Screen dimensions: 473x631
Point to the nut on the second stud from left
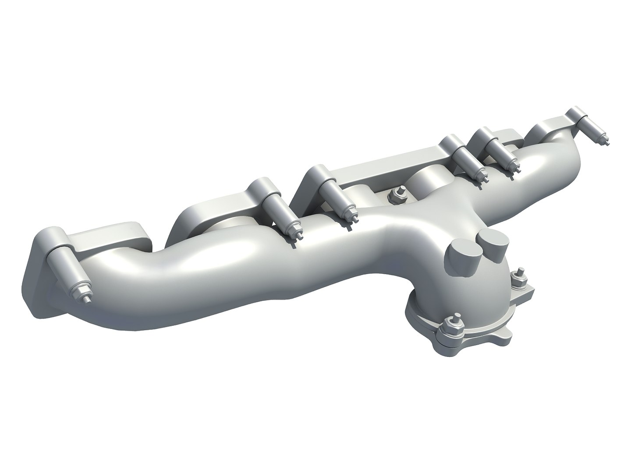pyautogui.click(x=294, y=227)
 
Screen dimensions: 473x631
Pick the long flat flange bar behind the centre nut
pyautogui.click(x=386, y=157)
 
